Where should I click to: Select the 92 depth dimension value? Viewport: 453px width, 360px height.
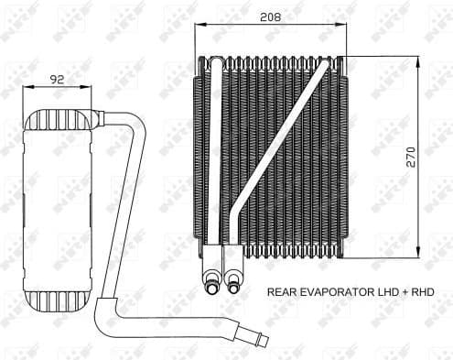56,80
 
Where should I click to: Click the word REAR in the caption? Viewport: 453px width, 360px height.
283,292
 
